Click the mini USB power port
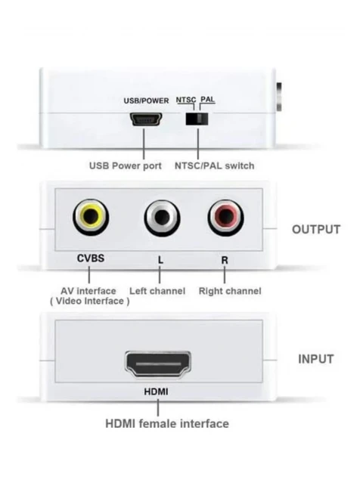[146, 119]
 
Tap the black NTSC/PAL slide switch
[197, 119]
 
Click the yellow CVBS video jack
[91, 217]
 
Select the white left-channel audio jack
[162, 218]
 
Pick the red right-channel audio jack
[225, 217]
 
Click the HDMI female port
[158, 364]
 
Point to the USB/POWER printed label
[146, 101]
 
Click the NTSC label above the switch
[186, 100]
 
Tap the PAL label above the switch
[208, 99]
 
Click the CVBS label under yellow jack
[91, 258]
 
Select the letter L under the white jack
[160, 260]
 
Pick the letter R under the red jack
[225, 260]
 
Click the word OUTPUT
[316, 230]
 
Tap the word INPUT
[315, 359]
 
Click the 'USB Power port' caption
[125, 166]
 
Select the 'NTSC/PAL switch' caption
[214, 166]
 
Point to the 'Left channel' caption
[157, 291]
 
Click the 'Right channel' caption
[230, 291]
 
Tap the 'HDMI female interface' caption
[167, 424]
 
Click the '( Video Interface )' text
[90, 302]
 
